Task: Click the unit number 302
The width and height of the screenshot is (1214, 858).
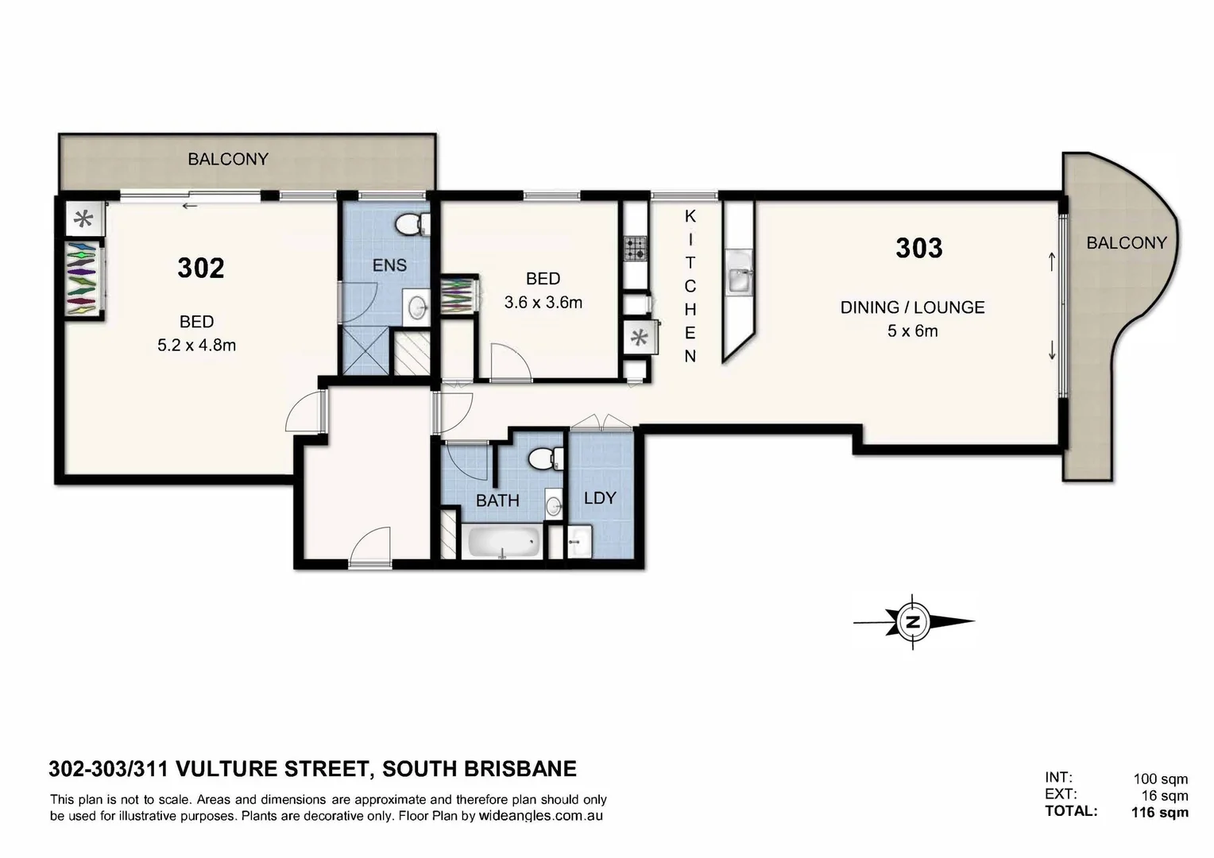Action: (201, 268)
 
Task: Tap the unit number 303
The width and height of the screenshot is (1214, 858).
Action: (919, 248)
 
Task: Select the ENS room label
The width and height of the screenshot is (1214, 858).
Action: (389, 265)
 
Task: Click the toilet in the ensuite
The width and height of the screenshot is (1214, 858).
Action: (410, 225)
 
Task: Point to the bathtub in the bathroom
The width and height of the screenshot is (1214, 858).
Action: (504, 543)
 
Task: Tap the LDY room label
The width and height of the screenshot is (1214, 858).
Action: (600, 498)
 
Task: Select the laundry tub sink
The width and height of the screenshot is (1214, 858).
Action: (579, 542)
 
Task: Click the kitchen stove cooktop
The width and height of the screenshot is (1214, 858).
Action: (636, 249)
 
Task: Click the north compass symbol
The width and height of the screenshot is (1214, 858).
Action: (914, 622)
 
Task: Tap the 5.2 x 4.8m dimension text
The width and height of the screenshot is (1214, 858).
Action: (196, 346)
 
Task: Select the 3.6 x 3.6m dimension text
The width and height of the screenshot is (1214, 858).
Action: (543, 303)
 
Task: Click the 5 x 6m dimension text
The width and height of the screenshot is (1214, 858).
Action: (912, 331)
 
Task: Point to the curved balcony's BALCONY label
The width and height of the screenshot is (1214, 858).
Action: (1126, 243)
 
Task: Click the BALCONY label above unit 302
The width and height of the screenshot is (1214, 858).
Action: (228, 159)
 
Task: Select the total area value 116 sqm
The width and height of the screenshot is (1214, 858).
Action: (1159, 812)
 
